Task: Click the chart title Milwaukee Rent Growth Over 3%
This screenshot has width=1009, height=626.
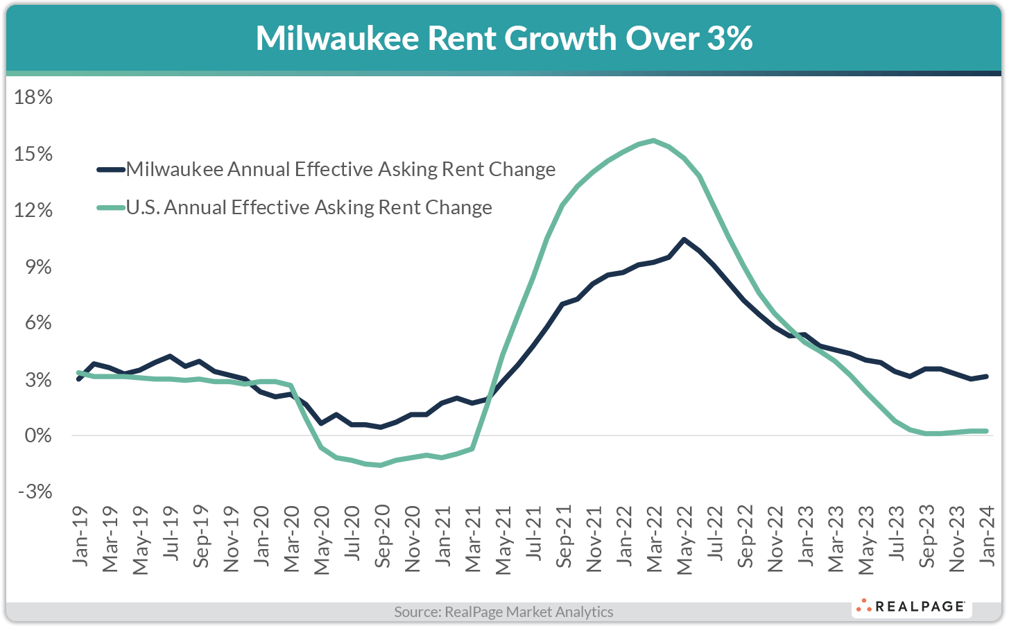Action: pyautogui.click(x=504, y=38)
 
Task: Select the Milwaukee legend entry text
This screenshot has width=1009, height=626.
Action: pyautogui.click(x=340, y=169)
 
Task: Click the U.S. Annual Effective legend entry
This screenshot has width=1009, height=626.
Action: pyautogui.click(x=309, y=207)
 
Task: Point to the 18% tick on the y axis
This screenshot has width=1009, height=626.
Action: pyautogui.click(x=34, y=97)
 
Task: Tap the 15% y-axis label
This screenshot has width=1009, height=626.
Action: pyautogui.click(x=34, y=154)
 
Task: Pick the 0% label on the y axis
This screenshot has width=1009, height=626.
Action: pyautogui.click(x=38, y=436)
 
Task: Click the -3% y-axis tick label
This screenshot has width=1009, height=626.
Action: pyautogui.click(x=34, y=492)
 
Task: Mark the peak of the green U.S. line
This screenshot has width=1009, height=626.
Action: pyautogui.click(x=654, y=141)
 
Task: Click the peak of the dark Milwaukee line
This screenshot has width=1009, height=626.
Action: pyautogui.click(x=684, y=239)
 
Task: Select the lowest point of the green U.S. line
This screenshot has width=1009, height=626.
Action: pyautogui.click(x=381, y=465)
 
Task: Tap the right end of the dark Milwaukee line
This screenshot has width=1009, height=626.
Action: pyautogui.click(x=986, y=376)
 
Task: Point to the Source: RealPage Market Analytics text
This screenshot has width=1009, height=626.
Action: pyautogui.click(x=503, y=611)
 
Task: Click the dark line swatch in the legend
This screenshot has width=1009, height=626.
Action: pyautogui.click(x=110, y=169)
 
